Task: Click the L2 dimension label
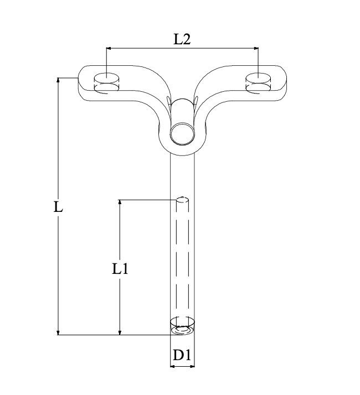[x=182, y=39]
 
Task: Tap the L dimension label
[x=58, y=207]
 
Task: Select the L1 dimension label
[x=120, y=268]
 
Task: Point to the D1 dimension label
[x=182, y=355]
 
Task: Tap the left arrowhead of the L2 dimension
[x=109, y=48]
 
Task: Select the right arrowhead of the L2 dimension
[x=256, y=48]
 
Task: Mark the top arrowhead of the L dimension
[x=58, y=80]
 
